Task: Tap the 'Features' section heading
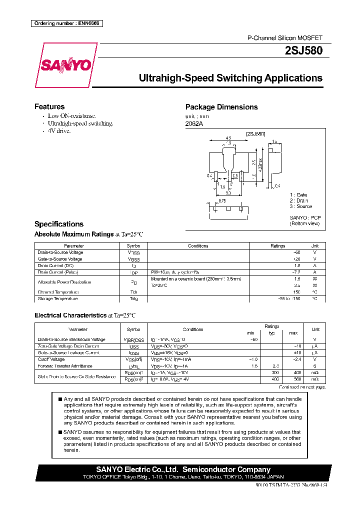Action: [x=49, y=106]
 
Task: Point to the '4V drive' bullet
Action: [x=59, y=130]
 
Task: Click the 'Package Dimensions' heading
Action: [x=221, y=107]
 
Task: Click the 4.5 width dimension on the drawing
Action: [x=228, y=138]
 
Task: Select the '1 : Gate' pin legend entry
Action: [x=298, y=194]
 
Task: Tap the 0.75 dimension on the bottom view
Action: [x=221, y=200]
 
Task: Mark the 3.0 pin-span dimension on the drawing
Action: [x=227, y=192]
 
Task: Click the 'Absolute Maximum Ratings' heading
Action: [x=74, y=234]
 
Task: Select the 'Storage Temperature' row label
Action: [x=57, y=298]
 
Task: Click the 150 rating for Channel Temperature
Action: [x=296, y=292]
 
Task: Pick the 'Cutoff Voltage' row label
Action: [x=51, y=359]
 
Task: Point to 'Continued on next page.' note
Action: [x=302, y=387]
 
